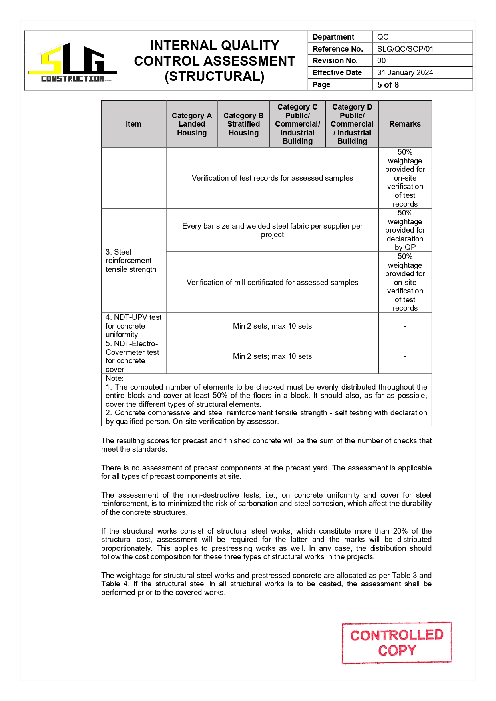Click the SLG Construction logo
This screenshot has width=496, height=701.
pyautogui.click(x=73, y=62)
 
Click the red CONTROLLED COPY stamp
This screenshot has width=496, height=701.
pyautogui.click(x=396, y=643)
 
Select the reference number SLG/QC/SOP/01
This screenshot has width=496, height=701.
pyautogui.click(x=405, y=49)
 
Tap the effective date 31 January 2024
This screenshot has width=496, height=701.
pyautogui.click(x=405, y=72)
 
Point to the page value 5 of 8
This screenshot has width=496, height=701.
pyautogui.click(x=388, y=84)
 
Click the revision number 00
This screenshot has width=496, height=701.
pyautogui.click(x=382, y=60)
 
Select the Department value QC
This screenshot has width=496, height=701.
pyautogui.click(x=382, y=37)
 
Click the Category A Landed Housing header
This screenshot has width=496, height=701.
pyautogui.click(x=192, y=124)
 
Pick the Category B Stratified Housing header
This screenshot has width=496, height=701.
pyautogui.click(x=243, y=124)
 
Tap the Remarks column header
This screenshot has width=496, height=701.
pyautogui.click(x=405, y=124)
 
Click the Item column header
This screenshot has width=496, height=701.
pyautogui.click(x=133, y=124)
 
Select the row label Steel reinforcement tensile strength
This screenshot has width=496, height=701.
pyautogui.click(x=131, y=261)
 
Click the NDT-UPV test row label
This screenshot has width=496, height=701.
pyautogui.click(x=133, y=326)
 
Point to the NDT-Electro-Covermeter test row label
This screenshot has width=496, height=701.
pyautogui.click(x=132, y=356)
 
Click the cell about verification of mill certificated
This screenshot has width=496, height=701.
pyautogui.click(x=272, y=282)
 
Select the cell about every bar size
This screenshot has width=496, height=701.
pyautogui.click(x=272, y=230)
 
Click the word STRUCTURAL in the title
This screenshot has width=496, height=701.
pyautogui.click(x=215, y=76)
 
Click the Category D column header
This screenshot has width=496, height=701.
pyautogui.click(x=352, y=124)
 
